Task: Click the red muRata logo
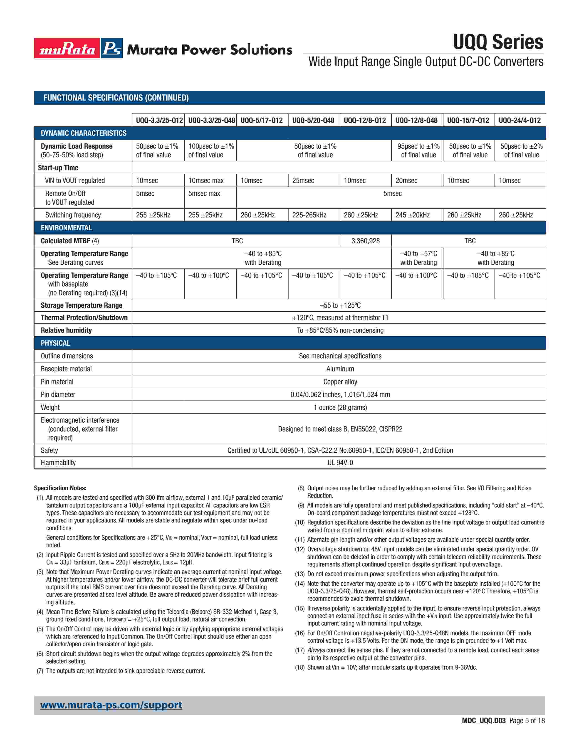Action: click(67, 48)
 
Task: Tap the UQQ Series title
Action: click(498, 42)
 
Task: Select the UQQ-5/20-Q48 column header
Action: click(313, 120)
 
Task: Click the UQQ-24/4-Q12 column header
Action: click(520, 120)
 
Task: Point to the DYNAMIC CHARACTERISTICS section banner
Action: click(84, 133)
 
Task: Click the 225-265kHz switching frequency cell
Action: click(309, 215)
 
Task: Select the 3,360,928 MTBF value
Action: click(365, 241)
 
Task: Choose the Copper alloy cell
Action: click(340, 382)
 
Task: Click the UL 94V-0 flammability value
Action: click(340, 463)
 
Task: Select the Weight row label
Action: click(50, 407)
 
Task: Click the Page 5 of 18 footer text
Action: click(527, 721)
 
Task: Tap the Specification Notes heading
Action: click(60, 488)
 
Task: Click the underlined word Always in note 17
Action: click(316, 650)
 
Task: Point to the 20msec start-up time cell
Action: click(406, 180)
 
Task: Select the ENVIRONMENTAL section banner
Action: click(66, 228)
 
